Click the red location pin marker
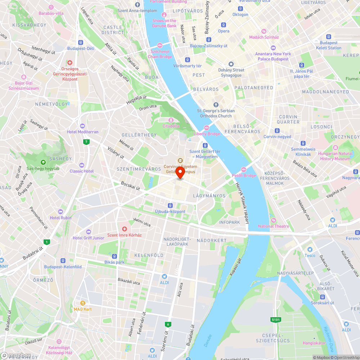(180, 172)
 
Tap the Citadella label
(171, 126)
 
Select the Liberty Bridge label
(207, 134)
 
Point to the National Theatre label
(274, 226)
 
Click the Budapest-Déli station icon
(80, 42)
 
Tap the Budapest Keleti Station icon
(328, 37)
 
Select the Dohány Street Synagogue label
(231, 72)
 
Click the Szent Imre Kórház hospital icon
(125, 229)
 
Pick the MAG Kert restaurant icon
(83, 303)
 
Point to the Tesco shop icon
(310, 249)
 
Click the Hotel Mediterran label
(82, 132)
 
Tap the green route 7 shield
(86, 142)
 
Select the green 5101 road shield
(275, 319)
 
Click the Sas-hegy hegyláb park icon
(43, 162)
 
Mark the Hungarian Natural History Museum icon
(335, 148)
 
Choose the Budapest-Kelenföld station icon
(63, 261)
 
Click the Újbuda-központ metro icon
(170, 205)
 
